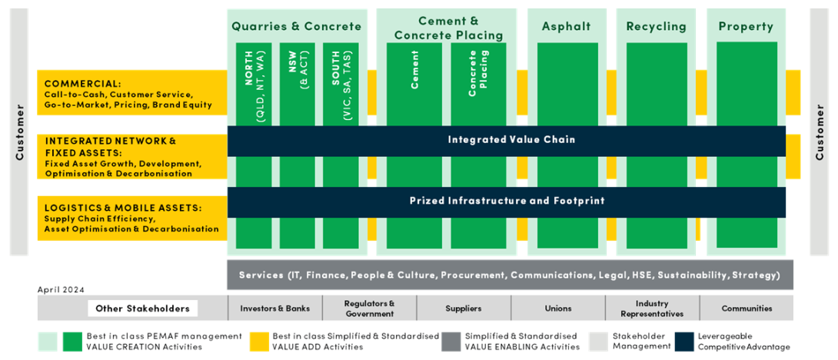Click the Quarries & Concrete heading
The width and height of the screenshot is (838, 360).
tap(297, 26)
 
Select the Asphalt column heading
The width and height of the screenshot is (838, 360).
tap(567, 26)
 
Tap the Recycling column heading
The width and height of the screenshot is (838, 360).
tap(656, 26)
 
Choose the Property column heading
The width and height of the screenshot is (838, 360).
tap(746, 26)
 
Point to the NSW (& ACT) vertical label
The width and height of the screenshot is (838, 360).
tap(297, 80)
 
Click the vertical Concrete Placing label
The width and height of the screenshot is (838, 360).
tap(478, 74)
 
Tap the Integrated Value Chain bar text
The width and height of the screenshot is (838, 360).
tap(511, 139)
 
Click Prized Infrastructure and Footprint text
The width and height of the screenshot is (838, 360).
tap(507, 201)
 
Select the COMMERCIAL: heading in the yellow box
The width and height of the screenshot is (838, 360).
tap(82, 83)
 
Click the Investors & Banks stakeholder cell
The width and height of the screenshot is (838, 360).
tap(275, 308)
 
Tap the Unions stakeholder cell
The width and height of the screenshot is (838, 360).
tap(558, 308)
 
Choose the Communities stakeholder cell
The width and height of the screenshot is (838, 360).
tap(747, 308)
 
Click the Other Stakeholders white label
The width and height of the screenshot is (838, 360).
tap(142, 308)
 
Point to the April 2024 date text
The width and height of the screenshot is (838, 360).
tap(61, 290)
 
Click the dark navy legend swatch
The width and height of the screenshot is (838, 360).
tap(683, 342)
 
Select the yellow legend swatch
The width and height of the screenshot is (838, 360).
tap(261, 342)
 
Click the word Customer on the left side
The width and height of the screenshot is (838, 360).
tap(20, 132)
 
